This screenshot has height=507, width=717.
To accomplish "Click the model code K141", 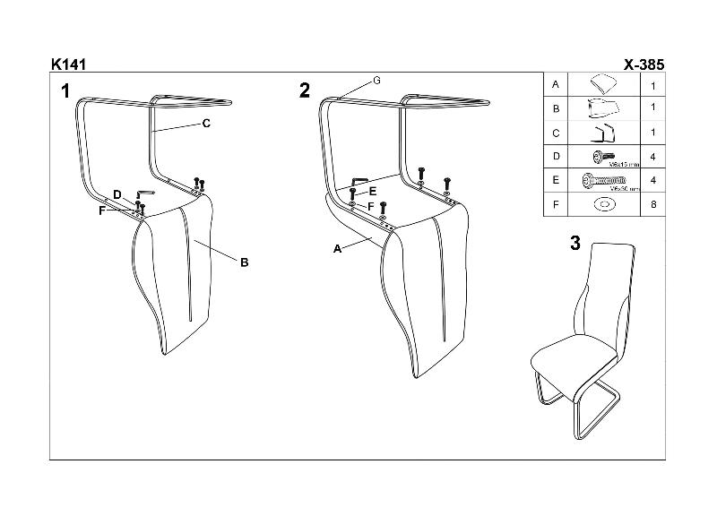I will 68,65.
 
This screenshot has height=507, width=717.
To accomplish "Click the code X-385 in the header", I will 644,65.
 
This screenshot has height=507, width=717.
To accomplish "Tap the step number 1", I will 65,90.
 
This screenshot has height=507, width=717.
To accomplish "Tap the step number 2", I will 305,90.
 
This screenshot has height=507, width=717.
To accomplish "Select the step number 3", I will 575,244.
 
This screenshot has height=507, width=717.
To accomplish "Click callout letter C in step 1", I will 206,125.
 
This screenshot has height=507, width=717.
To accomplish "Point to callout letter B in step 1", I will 244,262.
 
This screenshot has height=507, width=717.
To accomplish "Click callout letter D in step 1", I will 117,194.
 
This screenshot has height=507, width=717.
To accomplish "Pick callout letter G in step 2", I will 377,81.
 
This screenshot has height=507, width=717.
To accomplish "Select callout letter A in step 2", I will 338,249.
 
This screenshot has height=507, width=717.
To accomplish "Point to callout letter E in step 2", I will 374,191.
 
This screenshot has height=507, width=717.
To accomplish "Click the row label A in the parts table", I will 557,85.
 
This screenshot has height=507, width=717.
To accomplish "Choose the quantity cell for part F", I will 652,205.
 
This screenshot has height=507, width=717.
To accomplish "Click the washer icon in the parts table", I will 604,205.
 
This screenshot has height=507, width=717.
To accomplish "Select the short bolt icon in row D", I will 600,156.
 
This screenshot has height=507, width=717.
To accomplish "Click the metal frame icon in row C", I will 603,133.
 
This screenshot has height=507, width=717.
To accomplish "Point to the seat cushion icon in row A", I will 603,85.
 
